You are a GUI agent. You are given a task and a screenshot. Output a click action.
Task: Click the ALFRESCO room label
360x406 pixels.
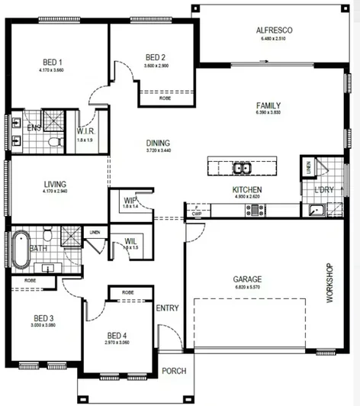[275, 31]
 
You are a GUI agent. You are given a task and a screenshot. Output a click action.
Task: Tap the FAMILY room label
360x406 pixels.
[268, 105]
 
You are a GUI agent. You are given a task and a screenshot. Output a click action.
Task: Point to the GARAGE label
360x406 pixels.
[247, 279]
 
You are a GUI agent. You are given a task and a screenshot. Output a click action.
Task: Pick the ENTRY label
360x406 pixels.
[166, 308]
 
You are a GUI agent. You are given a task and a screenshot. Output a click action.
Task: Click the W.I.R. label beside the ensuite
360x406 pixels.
[85, 132]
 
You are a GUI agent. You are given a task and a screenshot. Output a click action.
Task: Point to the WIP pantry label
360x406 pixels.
[130, 201]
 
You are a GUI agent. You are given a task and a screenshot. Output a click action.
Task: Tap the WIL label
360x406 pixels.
[130, 242]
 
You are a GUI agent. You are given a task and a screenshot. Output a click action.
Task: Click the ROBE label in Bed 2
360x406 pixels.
[165, 98]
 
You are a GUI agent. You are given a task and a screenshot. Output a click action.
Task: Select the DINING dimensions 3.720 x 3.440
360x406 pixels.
[159, 151]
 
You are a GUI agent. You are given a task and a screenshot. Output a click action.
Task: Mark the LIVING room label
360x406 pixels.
[55, 184]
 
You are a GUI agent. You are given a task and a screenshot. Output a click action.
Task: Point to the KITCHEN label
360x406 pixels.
[247, 189]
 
